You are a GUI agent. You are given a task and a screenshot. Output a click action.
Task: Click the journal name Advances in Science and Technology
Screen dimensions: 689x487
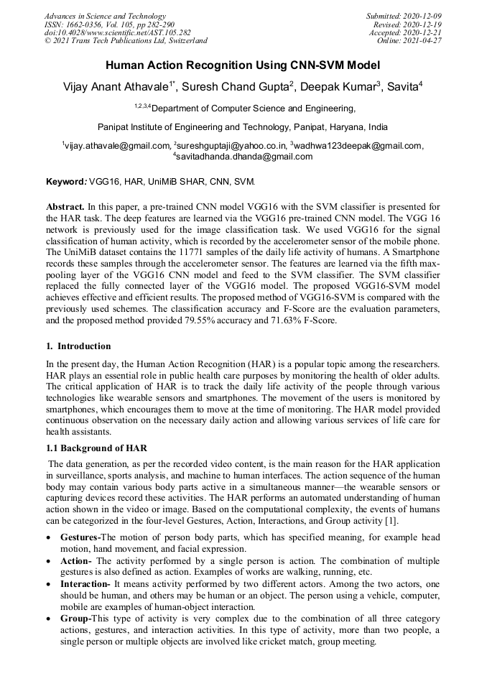(105, 16)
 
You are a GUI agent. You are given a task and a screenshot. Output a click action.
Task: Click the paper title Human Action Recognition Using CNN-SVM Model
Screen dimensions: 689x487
(243, 65)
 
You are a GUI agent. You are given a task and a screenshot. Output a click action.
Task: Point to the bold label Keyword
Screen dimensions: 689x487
(65, 181)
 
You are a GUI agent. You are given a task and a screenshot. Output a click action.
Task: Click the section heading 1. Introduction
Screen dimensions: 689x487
(78, 346)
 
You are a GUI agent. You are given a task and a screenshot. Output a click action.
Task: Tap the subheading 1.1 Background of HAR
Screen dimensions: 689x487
(96, 448)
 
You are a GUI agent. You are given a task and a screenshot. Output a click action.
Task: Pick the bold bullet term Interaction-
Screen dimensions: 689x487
(85, 585)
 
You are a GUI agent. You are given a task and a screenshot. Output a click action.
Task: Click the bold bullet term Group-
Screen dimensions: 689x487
(77, 619)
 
